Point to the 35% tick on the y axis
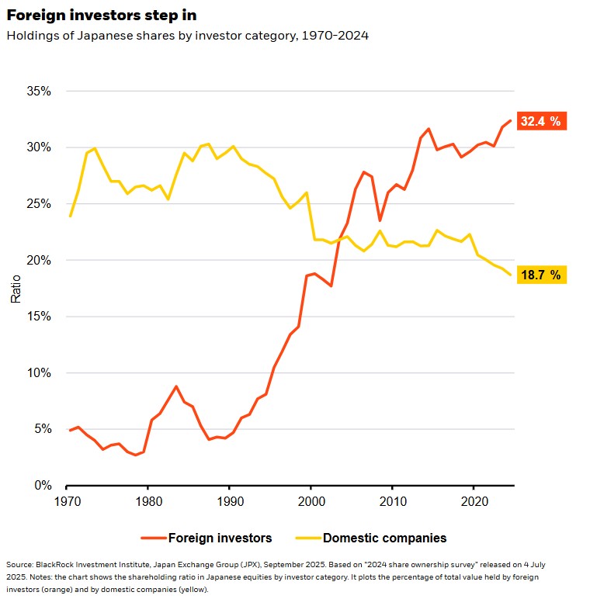coord(38,91)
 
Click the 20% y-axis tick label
coord(38,260)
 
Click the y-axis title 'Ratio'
coord(16,288)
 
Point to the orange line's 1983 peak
coord(176,386)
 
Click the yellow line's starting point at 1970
coord(71,216)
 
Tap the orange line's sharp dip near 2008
coord(380,220)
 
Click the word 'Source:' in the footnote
coord(20,565)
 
